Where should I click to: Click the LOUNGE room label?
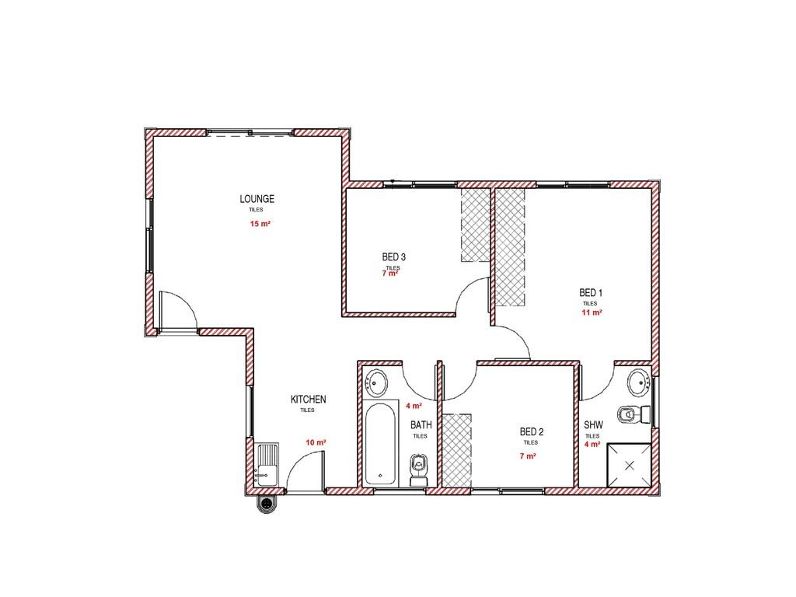[x=257, y=199]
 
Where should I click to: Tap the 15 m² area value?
[x=260, y=223]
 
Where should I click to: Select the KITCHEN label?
[x=308, y=400]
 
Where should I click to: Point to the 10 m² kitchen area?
[x=316, y=442]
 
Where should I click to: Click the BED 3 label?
[x=393, y=257]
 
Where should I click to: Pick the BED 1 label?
[x=591, y=293]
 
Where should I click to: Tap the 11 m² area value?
[x=592, y=312]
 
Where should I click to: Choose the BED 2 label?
[x=532, y=432]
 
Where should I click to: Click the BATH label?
[x=421, y=425]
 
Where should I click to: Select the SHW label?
[x=593, y=425]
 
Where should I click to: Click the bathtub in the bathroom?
[x=380, y=443]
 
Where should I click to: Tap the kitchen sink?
[x=267, y=465]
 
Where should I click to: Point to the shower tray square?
[x=630, y=465]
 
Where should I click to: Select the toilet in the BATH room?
[x=418, y=470]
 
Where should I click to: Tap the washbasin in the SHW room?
[x=639, y=382]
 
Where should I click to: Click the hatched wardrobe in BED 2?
[x=457, y=451]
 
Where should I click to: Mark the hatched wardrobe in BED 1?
[x=510, y=247]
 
